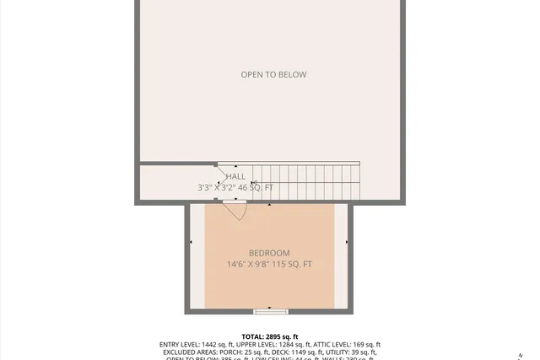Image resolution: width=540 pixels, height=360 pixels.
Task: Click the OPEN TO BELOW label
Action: pos(273,75)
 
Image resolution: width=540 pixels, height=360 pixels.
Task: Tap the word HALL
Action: pos(235,177)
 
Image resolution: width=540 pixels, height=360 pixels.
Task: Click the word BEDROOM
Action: pos(269,254)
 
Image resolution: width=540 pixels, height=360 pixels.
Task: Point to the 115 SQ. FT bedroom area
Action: pos(296,265)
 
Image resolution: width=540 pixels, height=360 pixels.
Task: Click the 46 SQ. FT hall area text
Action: pos(256,188)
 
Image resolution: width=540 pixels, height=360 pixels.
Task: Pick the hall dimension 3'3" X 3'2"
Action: pos(216,188)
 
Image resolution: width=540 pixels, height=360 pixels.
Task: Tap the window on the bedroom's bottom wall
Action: pos(270,311)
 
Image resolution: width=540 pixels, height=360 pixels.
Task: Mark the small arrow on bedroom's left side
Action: pos(192,243)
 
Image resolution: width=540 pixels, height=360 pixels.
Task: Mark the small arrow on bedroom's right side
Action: pos(348,243)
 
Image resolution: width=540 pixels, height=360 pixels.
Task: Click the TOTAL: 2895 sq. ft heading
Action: pos(270,336)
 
